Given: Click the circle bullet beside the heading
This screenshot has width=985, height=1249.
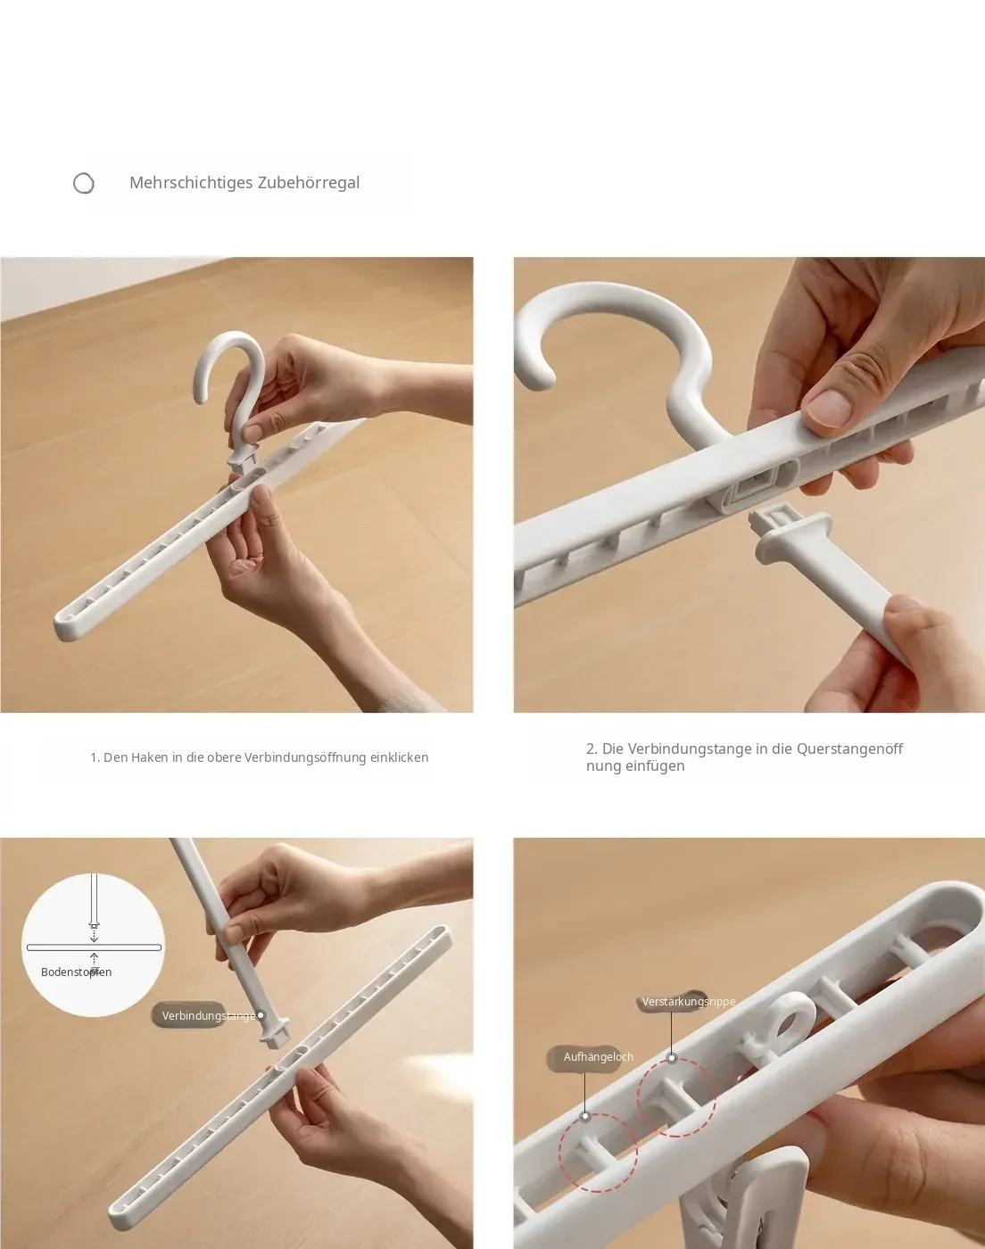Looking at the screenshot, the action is pyautogui.click(x=84, y=184).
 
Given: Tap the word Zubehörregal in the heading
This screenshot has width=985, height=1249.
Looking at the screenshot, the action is pyautogui.click(x=309, y=183).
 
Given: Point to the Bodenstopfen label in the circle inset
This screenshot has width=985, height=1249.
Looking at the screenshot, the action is pyautogui.click(x=76, y=972).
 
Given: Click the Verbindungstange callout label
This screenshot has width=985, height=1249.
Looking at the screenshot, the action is pyautogui.click(x=208, y=1015).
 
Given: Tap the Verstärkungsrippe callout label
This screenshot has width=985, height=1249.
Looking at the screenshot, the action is pyautogui.click(x=689, y=1001).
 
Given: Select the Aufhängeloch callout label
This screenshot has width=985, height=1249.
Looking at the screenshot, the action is pyautogui.click(x=599, y=1057).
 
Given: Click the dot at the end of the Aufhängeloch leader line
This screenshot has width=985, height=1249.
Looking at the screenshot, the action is pyautogui.click(x=585, y=1116).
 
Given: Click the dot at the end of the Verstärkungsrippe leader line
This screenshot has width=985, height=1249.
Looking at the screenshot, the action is pyautogui.click(x=672, y=1057).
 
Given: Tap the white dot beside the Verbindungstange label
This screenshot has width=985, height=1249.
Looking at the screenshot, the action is pyautogui.click(x=261, y=1015).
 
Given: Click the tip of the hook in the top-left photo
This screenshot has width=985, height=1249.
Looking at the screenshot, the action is pyautogui.click(x=201, y=398).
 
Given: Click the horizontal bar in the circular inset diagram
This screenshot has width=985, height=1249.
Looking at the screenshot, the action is pyautogui.click(x=94, y=947).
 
